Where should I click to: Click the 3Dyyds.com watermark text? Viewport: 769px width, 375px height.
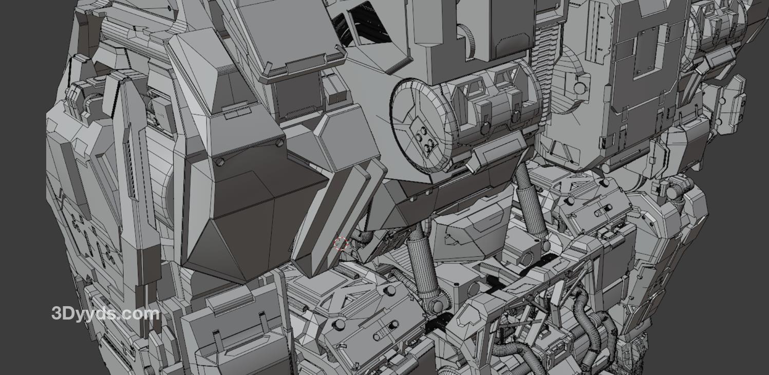pos(106,314)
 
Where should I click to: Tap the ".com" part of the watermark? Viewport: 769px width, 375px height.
pos(141,314)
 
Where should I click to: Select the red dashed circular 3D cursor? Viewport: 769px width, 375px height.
pos(341,243)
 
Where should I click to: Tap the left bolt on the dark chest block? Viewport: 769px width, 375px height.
pos(220,162)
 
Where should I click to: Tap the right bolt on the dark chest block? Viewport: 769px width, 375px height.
pos(280,142)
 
